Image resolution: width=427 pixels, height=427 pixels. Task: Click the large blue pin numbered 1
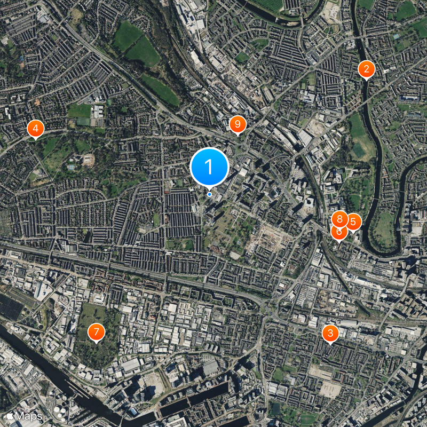click(209, 167)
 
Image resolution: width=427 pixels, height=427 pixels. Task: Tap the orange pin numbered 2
click(366, 69)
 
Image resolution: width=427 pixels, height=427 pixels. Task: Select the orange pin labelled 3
click(330, 334)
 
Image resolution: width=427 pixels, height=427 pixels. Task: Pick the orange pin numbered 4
click(35, 129)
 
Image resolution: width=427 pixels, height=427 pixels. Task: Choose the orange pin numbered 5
click(353, 222)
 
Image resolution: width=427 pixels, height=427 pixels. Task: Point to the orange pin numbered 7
click(96, 332)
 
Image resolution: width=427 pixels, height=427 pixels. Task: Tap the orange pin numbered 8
click(339, 219)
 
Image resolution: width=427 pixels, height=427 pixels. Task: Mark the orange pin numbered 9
click(237, 124)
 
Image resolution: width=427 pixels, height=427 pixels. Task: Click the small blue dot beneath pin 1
click(209, 194)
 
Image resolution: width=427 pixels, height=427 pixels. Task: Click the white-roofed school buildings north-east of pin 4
click(98, 112)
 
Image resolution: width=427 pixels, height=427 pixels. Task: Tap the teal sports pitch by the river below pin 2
click(359, 151)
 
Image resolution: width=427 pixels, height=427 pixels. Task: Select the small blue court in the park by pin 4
click(71, 167)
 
